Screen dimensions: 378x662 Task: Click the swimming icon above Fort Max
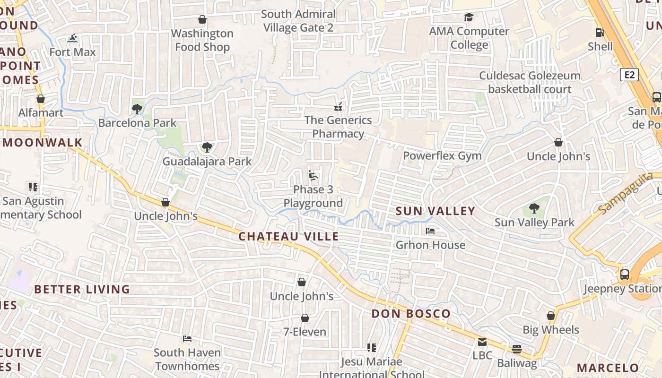[x=72, y=38]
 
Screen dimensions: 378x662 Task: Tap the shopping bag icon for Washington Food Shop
[x=202, y=19]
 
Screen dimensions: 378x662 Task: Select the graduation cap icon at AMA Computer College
[x=469, y=17]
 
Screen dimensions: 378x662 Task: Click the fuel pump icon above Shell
[x=600, y=33]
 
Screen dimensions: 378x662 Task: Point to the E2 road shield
[x=629, y=75]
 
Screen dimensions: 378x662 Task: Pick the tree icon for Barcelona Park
[x=137, y=109]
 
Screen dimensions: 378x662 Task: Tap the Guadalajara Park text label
[x=207, y=161]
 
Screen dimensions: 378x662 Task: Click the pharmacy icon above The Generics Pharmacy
[x=338, y=106]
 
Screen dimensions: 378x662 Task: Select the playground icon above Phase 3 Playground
[x=313, y=175]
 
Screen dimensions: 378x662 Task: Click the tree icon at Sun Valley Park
[x=534, y=208]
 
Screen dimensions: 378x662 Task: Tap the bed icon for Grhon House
[x=430, y=231]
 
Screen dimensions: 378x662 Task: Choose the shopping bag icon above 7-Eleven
[x=305, y=318]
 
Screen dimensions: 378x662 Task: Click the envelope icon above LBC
[x=482, y=342]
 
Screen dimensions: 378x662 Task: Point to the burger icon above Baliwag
[x=517, y=349]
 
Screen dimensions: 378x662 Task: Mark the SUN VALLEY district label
[x=435, y=211]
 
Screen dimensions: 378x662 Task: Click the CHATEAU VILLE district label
[x=288, y=236]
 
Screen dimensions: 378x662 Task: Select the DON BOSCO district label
[x=411, y=314]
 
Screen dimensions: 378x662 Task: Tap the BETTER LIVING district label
[x=82, y=289]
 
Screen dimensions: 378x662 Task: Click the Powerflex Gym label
[x=442, y=155]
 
